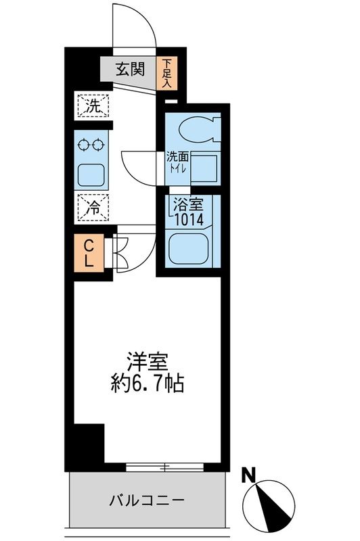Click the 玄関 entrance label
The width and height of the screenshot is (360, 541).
129,68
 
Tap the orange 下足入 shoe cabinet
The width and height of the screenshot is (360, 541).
166,73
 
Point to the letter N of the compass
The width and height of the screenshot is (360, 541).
250,476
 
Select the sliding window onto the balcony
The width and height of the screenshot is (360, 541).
165,467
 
